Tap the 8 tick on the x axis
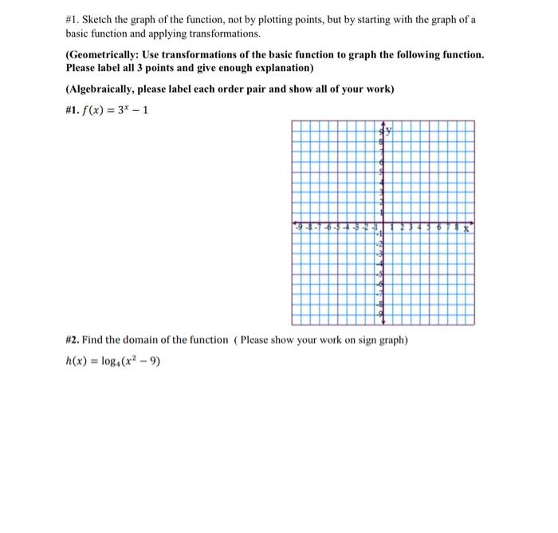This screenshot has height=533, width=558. point(458,228)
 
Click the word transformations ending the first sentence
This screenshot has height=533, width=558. point(221,34)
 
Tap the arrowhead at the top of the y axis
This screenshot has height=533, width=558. point(383,124)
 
